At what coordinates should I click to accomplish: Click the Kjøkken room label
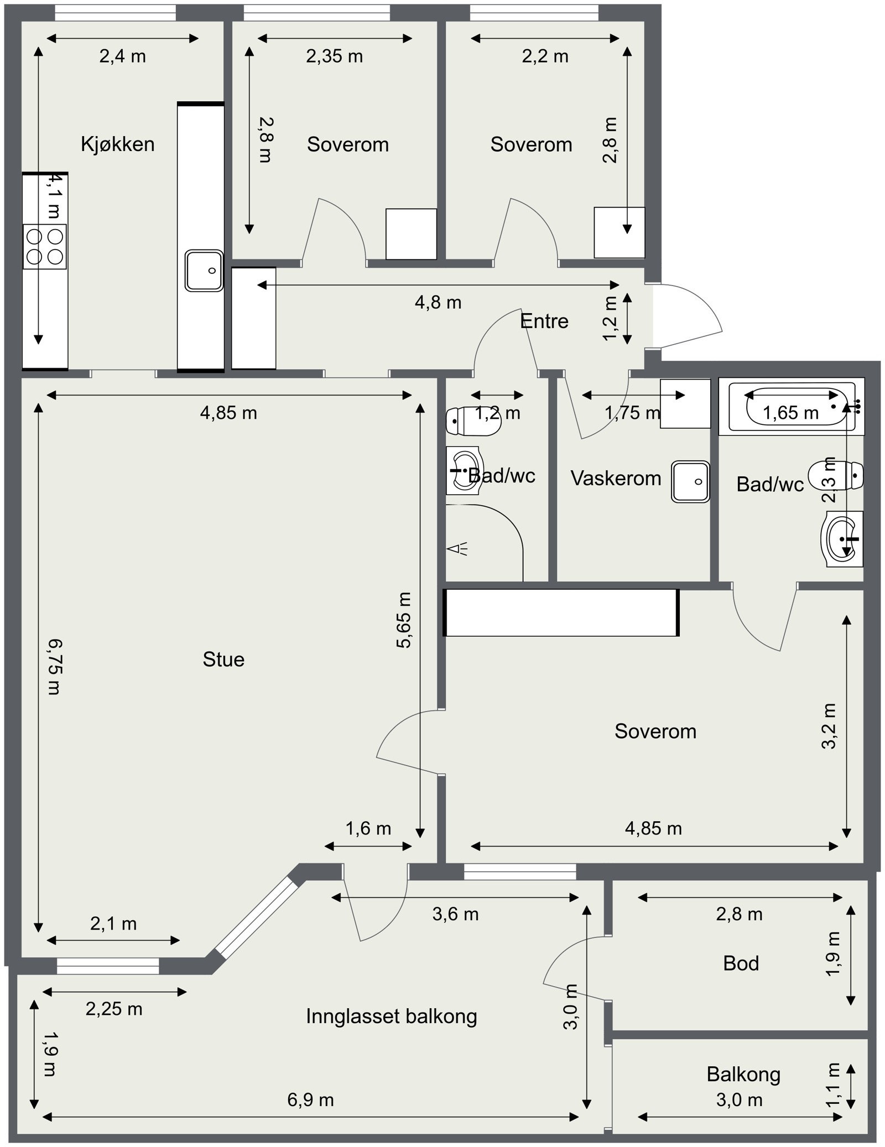117,144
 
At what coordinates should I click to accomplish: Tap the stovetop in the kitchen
45,246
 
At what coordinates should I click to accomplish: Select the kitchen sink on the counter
204,271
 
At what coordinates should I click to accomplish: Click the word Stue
223,660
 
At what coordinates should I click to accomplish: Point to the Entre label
544,321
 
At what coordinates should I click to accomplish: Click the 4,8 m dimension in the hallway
438,303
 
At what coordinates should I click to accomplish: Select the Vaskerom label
616,479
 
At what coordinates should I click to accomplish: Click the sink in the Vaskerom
690,481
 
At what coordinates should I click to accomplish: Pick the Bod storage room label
741,963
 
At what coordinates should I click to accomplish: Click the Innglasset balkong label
392,1016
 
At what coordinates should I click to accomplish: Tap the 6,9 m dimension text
310,1099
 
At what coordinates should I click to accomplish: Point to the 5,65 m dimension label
404,620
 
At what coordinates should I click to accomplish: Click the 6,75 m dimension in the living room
54,666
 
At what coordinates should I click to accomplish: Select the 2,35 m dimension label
335,56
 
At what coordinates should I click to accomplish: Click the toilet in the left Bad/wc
473,422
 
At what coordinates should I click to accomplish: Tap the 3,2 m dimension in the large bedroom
829,726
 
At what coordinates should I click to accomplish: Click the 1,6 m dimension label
368,828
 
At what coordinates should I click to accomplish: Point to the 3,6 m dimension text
455,914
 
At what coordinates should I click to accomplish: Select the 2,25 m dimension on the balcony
114,1009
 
